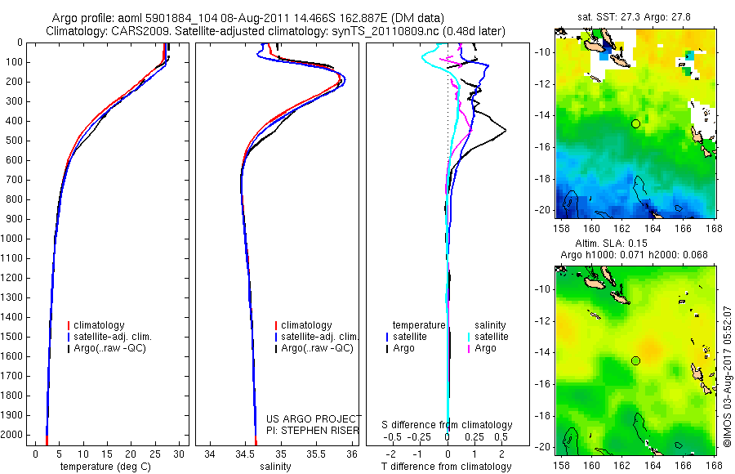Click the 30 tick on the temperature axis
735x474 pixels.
(x=179, y=453)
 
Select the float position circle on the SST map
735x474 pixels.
(x=635, y=123)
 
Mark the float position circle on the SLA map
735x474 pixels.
(x=635, y=360)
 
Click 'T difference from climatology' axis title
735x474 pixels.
(x=448, y=467)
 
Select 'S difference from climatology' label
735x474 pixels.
(x=448, y=425)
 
